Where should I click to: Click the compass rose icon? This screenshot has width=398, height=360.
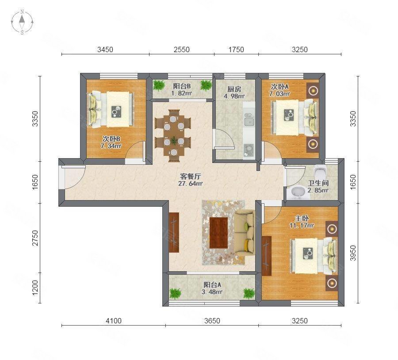coord(22,22)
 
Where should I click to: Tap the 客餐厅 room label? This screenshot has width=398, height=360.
coord(191,176)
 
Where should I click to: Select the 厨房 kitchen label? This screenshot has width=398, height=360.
coord(234,89)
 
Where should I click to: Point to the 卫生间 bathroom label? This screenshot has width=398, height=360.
coord(318,183)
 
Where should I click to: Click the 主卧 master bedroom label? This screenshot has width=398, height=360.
coord(302,218)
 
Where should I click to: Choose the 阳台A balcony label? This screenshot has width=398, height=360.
coord(212,284)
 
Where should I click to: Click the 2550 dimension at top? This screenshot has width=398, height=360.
coord(181,49)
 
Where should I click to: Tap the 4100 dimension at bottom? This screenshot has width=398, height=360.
coord(114,321)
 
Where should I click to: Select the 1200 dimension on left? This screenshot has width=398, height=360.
coord(35,288)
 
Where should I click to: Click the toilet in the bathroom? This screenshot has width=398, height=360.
coord(320,172)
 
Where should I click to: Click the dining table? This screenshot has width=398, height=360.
coord(174,135)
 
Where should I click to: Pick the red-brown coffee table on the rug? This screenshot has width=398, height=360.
coord(218,233)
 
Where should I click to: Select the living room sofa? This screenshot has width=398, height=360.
coord(244,231)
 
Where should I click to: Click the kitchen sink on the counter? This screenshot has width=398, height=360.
coord(249,120)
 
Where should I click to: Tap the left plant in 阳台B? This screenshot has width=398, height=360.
coord(159,85)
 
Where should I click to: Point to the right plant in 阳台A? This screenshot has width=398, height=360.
coord(249,293)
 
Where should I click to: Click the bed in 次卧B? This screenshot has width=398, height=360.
coord(111,109)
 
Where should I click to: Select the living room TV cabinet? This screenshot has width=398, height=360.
coord(174,232)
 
